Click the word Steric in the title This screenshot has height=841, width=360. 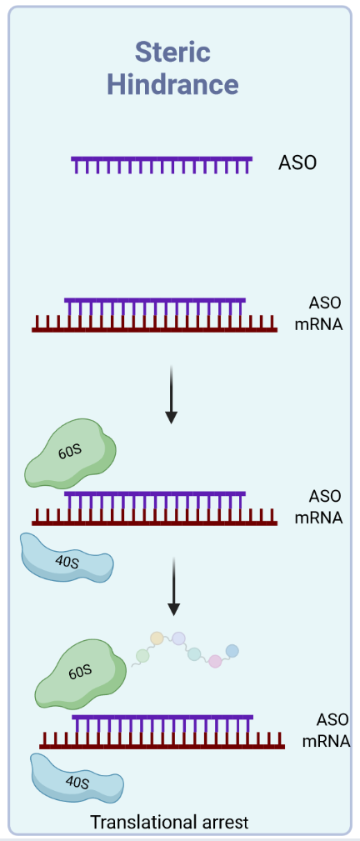click(x=172, y=53)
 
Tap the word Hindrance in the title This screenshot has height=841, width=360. click(x=172, y=84)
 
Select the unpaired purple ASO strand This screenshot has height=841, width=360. click(x=162, y=165)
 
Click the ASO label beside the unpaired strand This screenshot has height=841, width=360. click(x=297, y=163)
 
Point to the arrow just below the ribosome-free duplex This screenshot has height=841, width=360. click(x=171, y=394)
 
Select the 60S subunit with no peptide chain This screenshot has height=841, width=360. click(x=71, y=453)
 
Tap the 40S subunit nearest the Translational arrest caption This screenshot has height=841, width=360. click(x=76, y=779)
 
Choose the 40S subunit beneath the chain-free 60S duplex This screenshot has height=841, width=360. click(x=67, y=558)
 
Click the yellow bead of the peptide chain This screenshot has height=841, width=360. click(x=157, y=638)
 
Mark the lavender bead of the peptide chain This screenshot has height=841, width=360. click(x=178, y=638)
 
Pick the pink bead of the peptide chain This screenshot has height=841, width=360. click(x=215, y=661)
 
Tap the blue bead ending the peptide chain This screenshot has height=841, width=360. click(x=232, y=651)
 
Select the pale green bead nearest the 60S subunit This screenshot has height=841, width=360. click(x=142, y=655)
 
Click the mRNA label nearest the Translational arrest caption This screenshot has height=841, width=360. click(x=326, y=742)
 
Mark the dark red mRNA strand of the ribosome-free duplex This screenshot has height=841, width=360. click(x=154, y=324)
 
